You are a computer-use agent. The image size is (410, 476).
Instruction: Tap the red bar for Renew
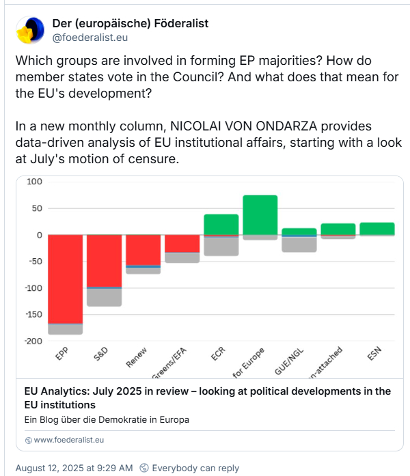pos(143,249)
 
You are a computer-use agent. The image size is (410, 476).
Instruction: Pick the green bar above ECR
pos(221,224)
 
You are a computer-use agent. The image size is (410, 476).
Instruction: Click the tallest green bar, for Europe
pos(260,214)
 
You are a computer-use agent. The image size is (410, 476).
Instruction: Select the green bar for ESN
pos(377,228)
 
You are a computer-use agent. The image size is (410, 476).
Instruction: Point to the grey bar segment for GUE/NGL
pos(299,244)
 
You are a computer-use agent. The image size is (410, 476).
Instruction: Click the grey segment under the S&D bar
pos(104,297)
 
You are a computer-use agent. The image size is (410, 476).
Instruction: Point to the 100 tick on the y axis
pos(36,182)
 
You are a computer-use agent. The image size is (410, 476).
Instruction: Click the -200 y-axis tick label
pos(34,341)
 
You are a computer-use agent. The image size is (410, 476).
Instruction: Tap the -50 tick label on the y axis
pos(36,262)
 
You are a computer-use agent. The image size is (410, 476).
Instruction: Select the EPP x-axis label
pos(62,356)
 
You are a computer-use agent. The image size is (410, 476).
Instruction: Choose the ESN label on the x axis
pos(374,356)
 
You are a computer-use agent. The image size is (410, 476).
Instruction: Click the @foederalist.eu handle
pos(90,38)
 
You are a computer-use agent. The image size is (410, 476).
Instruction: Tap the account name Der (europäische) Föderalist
pos(131,24)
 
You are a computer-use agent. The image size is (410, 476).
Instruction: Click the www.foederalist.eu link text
pos(68,440)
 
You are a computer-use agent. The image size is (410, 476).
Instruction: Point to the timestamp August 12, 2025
pos(74,468)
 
